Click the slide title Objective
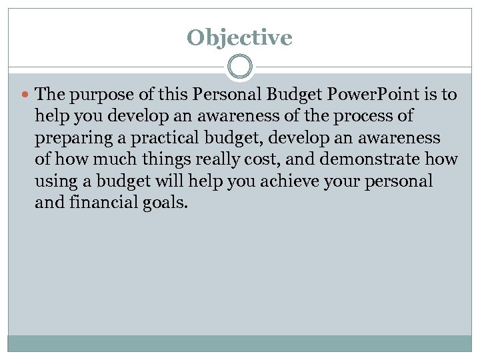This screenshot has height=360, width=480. click(x=239, y=37)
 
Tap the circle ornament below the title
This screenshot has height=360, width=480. click(x=239, y=67)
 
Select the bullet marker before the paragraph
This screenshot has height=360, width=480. click(x=26, y=95)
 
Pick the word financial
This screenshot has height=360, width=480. click(x=97, y=202)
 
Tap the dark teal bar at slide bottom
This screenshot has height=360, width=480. click(x=239, y=343)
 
